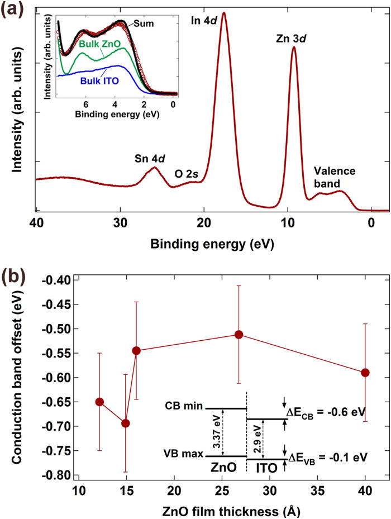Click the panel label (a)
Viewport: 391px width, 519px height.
[12, 9]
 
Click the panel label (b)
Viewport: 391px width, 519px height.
[12, 277]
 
